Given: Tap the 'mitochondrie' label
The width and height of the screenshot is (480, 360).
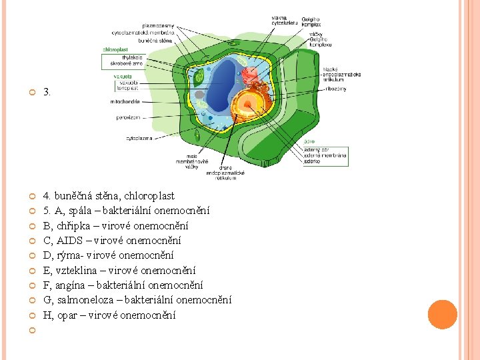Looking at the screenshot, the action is click(125, 102).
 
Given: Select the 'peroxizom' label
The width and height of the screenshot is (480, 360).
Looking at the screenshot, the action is click(127, 117).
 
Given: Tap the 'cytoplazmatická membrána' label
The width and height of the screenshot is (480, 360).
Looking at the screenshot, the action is click(143, 32).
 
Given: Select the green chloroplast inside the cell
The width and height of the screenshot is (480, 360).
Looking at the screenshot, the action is click(199, 79).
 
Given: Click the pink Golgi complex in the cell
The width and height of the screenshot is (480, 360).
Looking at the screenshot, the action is click(251, 74).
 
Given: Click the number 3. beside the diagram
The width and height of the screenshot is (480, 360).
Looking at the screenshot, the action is click(47, 92).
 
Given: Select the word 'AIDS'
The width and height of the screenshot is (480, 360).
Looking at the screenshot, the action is click(69, 241).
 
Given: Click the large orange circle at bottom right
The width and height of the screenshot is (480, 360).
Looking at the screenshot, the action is click(442, 315).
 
